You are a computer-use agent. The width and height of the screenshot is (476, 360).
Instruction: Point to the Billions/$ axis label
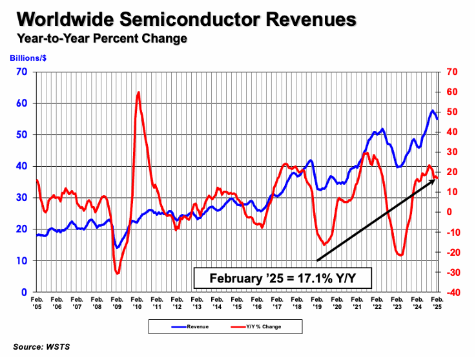pyautogui.click(x=29, y=57)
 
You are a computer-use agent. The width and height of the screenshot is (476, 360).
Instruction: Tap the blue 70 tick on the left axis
pyautogui.click(x=22, y=71)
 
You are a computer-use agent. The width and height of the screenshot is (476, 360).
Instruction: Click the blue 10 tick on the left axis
pyautogui.click(x=22, y=260)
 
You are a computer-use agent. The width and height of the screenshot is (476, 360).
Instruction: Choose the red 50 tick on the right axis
pyautogui.click(x=450, y=112)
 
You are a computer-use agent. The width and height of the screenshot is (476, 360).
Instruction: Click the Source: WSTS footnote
pyautogui.click(x=41, y=347)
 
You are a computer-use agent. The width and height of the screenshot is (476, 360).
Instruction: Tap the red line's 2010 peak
pyautogui.click(x=139, y=92)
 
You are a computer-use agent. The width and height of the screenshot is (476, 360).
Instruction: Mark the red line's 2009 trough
pyautogui.click(x=118, y=273)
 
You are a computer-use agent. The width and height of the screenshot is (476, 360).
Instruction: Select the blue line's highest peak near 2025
pyautogui.click(x=432, y=111)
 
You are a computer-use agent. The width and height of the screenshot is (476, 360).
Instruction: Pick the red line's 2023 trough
pyautogui.click(x=400, y=255)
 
